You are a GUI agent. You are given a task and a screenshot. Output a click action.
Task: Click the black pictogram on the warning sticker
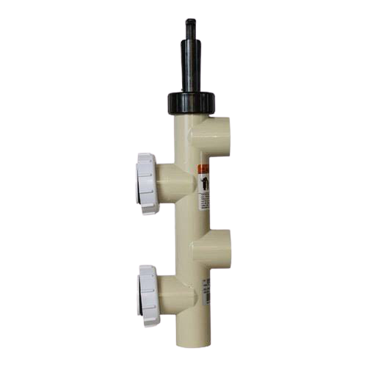(x=205, y=181)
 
